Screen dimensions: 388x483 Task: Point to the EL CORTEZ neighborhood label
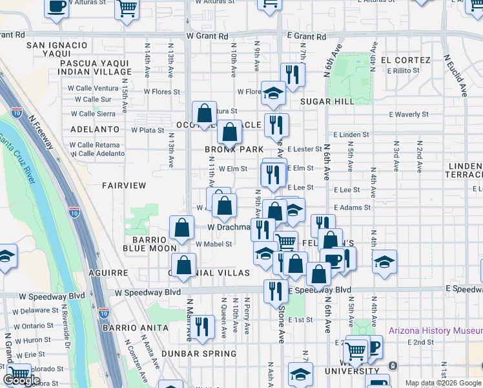tap(406, 60)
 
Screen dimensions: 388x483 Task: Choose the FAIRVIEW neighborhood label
tap(124, 186)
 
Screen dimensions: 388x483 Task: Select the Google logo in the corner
tap(21, 380)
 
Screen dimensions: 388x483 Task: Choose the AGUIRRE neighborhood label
tap(109, 273)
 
